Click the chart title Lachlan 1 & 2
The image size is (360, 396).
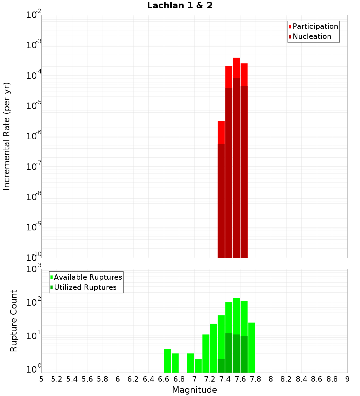tap(180, 6)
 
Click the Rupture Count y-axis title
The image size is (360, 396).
tap(14, 321)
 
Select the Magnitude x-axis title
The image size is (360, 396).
tap(194, 390)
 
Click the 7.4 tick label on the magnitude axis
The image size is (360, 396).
tap(225, 379)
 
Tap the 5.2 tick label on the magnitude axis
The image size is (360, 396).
tap(57, 379)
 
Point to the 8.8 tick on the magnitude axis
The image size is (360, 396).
tap(332, 379)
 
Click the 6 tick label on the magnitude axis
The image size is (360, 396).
tap(118, 379)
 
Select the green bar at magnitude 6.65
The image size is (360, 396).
tap(167, 361)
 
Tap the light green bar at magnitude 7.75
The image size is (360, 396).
tap(252, 347)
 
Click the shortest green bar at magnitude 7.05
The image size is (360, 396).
tap(198, 366)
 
